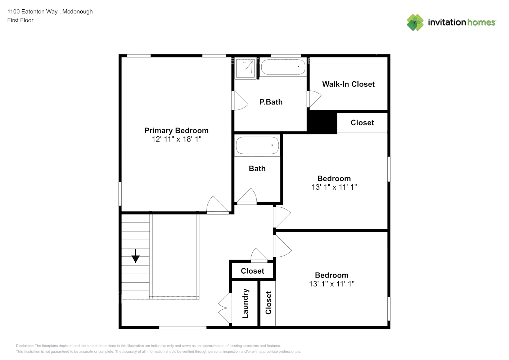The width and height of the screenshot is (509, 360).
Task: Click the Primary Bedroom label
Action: click(176, 131)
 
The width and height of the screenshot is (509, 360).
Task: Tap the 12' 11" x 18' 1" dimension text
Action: click(176, 139)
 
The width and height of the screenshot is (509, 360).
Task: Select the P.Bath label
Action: click(271, 102)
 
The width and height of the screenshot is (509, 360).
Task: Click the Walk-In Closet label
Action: click(348, 84)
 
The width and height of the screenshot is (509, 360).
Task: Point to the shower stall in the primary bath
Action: click(246, 69)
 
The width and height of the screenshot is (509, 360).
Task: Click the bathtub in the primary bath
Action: click(283, 67)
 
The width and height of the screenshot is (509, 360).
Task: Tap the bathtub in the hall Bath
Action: click(257, 146)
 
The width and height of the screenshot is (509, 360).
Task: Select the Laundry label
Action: click(246, 303)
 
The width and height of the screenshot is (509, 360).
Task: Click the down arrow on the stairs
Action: click(135, 256)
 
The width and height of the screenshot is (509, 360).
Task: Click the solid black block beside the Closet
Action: click(322, 122)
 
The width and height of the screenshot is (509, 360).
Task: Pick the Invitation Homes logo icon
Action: click(415, 22)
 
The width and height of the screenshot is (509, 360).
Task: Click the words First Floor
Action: click(20, 21)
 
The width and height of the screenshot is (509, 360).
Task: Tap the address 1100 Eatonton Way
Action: click(32, 12)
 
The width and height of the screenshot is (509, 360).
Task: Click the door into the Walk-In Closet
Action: click(314, 99)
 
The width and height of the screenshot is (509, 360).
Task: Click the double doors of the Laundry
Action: click(225, 308)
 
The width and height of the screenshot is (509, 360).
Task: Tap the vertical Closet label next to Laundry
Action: click(268, 303)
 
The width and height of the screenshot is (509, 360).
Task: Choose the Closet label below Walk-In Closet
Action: click(362, 123)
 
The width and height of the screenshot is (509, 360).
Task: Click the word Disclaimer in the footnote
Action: click(24, 346)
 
